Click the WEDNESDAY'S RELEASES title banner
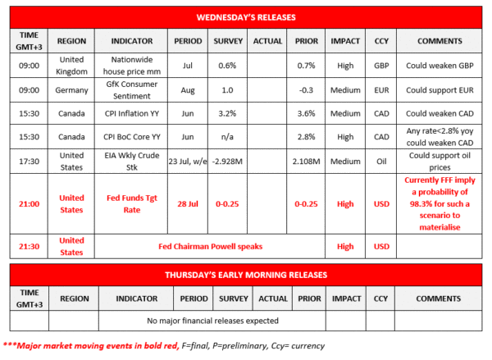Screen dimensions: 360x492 coord(247,16)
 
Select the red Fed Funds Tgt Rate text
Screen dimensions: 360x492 coord(130,203)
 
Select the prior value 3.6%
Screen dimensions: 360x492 coord(306,113)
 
